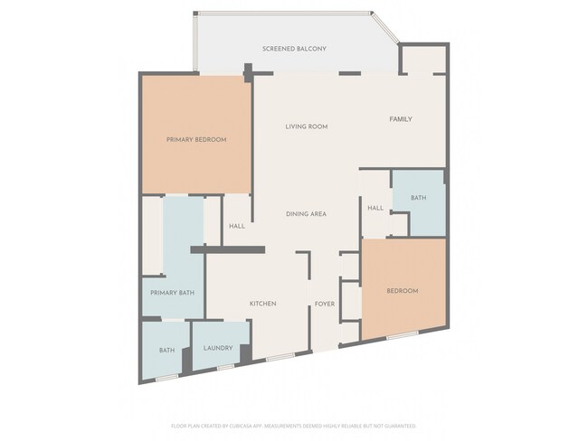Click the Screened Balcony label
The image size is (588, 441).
294,48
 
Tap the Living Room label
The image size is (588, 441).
306,127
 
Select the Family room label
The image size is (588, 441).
401,119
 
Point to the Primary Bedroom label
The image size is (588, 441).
195,140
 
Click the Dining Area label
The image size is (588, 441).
306,214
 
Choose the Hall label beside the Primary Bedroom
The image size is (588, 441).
237,227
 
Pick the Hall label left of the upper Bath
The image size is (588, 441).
375,209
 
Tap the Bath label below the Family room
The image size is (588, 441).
418,198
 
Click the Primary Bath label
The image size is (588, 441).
173,293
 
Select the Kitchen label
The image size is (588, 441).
262,304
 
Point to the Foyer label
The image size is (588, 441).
326,304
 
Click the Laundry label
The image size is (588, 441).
218,348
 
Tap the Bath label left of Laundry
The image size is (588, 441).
166,350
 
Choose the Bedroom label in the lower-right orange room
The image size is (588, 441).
403,291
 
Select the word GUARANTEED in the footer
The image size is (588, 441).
399,425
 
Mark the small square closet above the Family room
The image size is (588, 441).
422,60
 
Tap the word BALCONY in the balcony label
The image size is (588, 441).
310,48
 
